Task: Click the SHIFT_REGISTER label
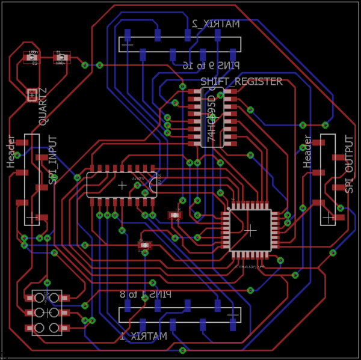point(241,81)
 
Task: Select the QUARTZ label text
point(43,106)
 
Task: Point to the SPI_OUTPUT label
point(349,164)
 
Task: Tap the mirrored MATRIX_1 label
point(143,336)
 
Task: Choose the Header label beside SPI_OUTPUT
point(307,151)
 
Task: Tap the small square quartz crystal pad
point(32,94)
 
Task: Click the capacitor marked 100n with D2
point(32,58)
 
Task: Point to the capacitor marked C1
point(60,58)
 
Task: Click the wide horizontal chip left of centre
point(122,185)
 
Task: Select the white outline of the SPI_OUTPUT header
point(328,180)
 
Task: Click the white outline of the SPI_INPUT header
point(32,180)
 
